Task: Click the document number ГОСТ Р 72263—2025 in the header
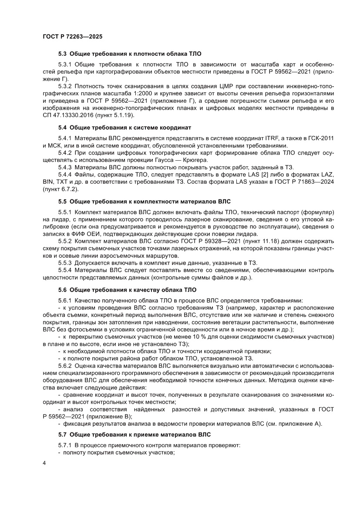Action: [x=72, y=37]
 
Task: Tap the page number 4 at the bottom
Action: [x=44, y=475]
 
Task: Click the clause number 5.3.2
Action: [x=65, y=87]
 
